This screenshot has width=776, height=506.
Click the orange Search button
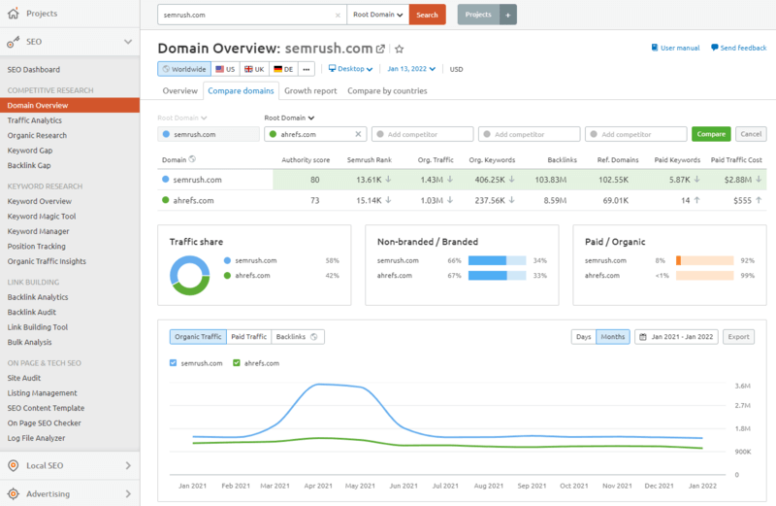pos(427,15)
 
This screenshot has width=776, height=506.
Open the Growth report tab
pos(310,90)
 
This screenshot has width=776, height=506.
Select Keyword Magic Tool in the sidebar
pos(41,217)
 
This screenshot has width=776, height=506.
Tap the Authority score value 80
pos(314,180)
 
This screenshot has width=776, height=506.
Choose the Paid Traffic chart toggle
pos(248,337)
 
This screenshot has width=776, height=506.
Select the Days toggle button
pos(583,337)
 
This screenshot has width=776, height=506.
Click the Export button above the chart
pos(738,337)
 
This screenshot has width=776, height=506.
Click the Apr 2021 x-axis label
pos(318,485)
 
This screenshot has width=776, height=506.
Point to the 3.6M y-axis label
pos(744,385)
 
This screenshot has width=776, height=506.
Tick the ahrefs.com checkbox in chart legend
pos(237,363)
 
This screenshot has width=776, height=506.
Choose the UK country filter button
pos(254,69)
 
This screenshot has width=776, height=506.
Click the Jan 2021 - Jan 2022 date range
pos(676,337)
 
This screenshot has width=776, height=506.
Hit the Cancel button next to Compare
pos(750,134)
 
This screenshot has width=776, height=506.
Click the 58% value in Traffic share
pos(332,261)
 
